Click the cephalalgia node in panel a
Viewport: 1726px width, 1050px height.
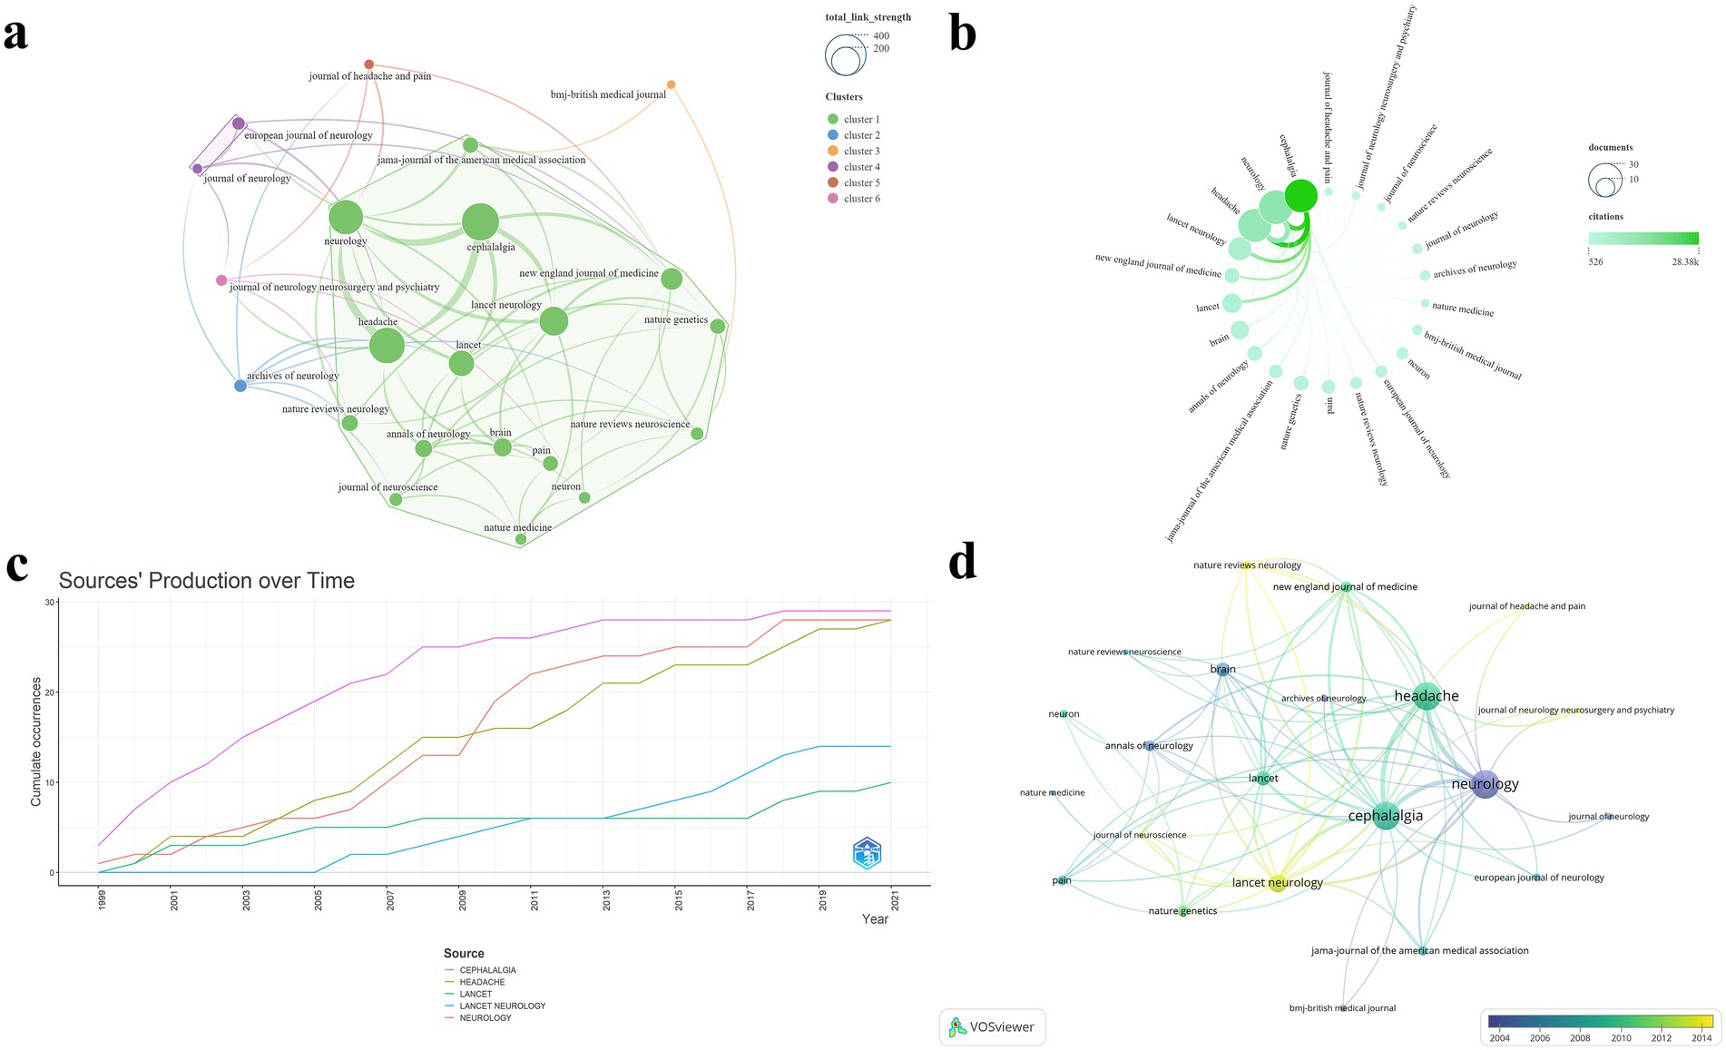click(480, 222)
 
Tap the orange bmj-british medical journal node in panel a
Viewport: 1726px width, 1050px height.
click(671, 85)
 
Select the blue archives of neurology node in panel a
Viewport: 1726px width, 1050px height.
click(240, 386)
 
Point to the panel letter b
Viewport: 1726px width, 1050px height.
click(962, 34)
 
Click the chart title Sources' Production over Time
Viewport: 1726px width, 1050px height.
click(207, 581)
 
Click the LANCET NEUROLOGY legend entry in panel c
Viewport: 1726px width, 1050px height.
click(502, 1006)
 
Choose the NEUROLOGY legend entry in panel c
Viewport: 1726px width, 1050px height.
click(485, 1017)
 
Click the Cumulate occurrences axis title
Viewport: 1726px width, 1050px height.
click(36, 741)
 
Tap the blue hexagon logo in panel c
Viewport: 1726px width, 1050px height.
click(867, 853)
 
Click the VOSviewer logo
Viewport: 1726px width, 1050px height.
click(992, 1027)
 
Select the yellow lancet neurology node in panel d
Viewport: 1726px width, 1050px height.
click(1277, 883)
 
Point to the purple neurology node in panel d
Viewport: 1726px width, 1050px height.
click(1485, 784)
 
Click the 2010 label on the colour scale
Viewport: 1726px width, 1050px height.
click(1621, 1037)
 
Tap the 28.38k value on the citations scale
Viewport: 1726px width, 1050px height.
click(1684, 261)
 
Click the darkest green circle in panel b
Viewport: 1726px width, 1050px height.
click(1300, 195)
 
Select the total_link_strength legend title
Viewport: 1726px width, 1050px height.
click(868, 17)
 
